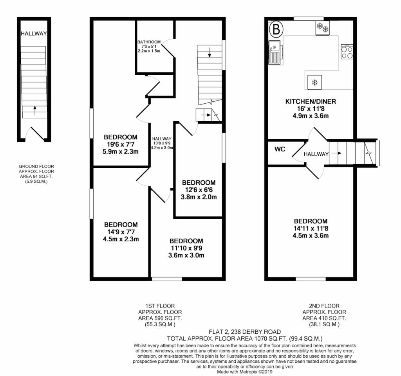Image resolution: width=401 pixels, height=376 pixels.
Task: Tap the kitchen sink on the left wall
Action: tap(275, 52)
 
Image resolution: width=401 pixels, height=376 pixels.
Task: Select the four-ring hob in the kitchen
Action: tap(347, 51)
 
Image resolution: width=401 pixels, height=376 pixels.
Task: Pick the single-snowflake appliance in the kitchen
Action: tap(314, 82)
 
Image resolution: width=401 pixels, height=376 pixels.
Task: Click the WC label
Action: tap(280, 149)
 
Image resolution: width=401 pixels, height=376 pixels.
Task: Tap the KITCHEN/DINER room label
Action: tap(311, 101)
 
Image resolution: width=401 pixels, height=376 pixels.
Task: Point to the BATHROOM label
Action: tap(149, 42)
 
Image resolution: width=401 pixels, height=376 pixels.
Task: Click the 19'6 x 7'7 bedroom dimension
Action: tap(121, 144)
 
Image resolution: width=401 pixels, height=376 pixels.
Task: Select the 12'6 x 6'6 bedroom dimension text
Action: tap(199, 190)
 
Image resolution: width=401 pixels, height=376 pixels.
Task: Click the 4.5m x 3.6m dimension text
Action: tap(311, 235)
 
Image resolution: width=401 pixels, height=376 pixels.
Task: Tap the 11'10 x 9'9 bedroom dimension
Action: tap(186, 248)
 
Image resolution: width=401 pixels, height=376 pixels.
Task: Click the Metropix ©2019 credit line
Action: tap(245, 372)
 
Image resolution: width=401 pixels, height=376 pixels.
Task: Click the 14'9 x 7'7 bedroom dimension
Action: tap(121, 232)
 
